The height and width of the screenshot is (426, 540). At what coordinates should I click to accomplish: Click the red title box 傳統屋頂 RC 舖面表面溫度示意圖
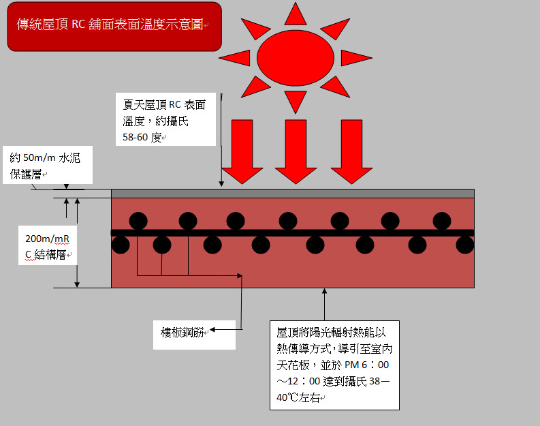[114, 27]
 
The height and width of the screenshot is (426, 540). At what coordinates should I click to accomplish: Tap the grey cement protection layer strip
[293, 193]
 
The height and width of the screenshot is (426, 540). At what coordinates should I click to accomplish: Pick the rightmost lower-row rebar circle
[465, 244]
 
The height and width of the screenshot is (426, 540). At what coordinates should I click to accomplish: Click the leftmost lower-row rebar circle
[121, 244]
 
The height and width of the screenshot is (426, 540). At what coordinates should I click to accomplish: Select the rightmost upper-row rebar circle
[441, 221]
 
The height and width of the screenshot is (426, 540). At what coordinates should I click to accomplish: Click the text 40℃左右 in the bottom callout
[300, 397]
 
